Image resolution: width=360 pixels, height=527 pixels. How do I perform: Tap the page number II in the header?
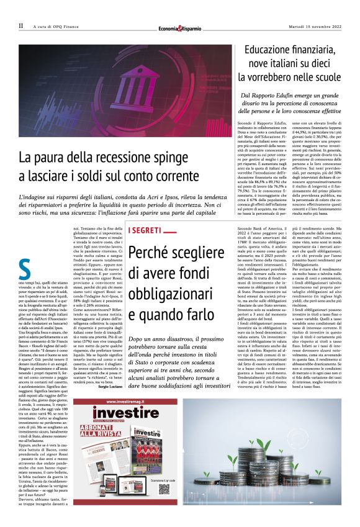pos(21,26)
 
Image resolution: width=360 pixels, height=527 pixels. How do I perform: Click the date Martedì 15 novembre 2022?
pos(314,26)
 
